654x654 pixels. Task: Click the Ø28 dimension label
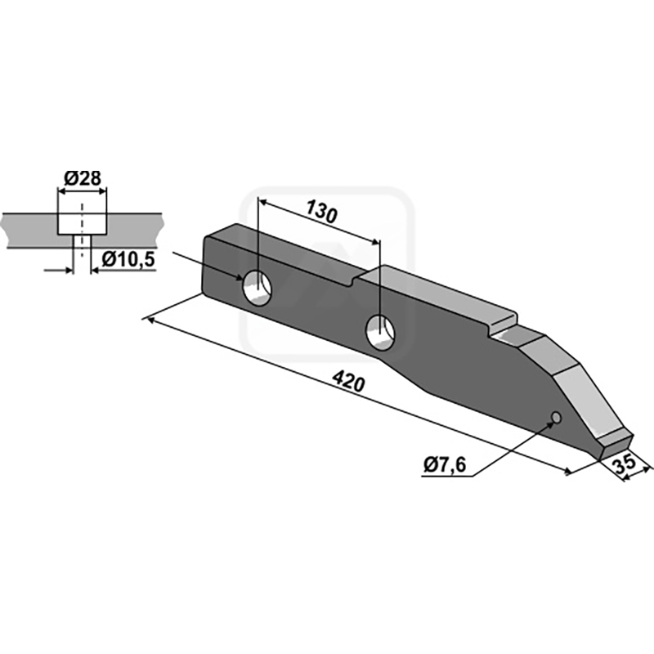[x=83, y=178]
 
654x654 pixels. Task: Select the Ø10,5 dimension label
[x=128, y=259]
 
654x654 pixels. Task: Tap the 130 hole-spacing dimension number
[x=320, y=212]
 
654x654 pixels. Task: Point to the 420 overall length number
[x=349, y=382]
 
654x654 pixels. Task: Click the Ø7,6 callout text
[x=445, y=464]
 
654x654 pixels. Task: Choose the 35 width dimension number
[x=625, y=464]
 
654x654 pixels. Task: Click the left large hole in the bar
[x=257, y=288]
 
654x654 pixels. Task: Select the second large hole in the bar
[x=380, y=332]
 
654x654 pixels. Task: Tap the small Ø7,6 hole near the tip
[x=556, y=416]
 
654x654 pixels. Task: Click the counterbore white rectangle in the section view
[x=83, y=224]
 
